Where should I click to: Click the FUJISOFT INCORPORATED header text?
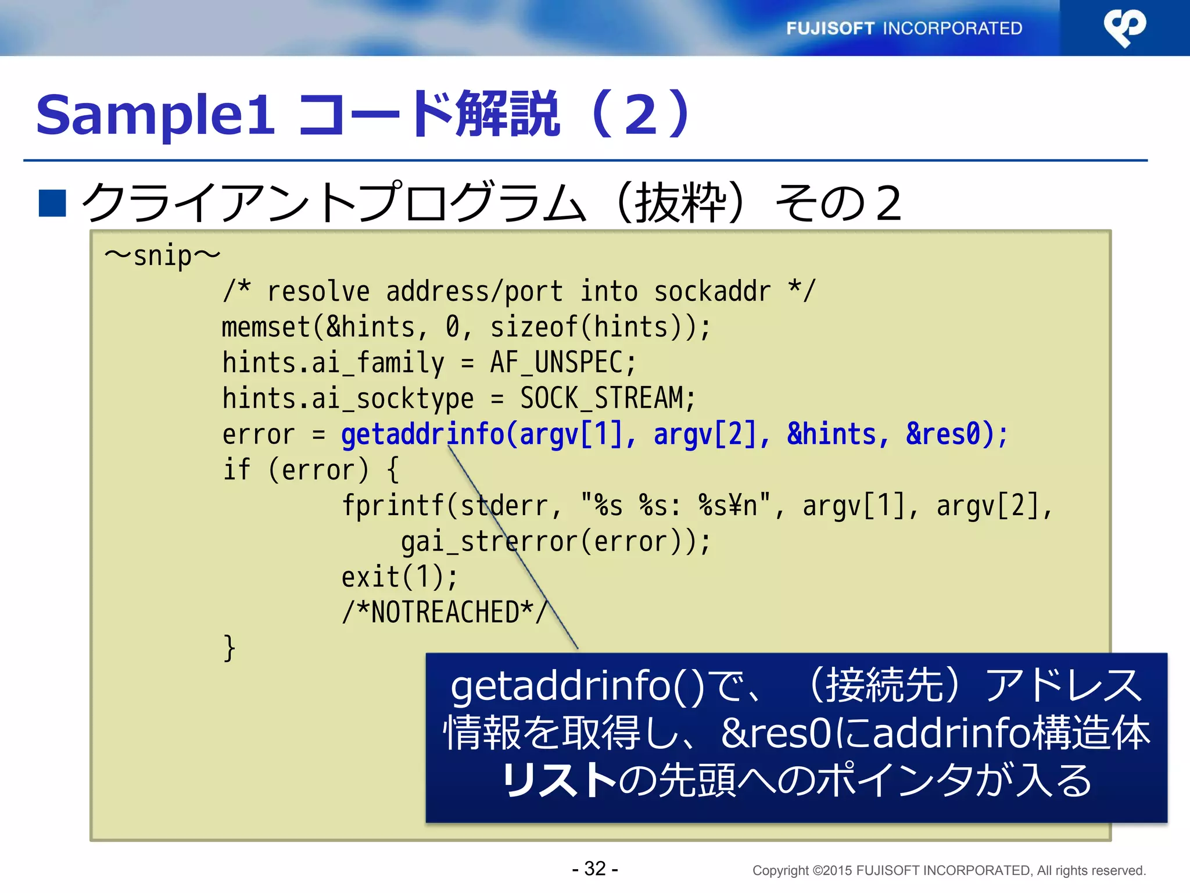click(x=904, y=28)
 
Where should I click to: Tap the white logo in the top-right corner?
click(x=1124, y=27)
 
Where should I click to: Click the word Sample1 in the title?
click(x=155, y=115)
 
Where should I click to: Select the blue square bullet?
click(x=52, y=203)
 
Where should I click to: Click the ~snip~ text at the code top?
click(x=162, y=256)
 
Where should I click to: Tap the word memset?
click(x=266, y=327)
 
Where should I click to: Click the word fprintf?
click(x=393, y=506)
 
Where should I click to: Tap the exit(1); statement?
click(x=399, y=577)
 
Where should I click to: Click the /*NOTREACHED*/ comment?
click(x=445, y=613)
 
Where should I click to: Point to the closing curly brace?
click(x=229, y=648)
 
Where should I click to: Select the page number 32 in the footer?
click(x=595, y=869)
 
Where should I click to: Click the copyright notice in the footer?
click(x=949, y=870)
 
